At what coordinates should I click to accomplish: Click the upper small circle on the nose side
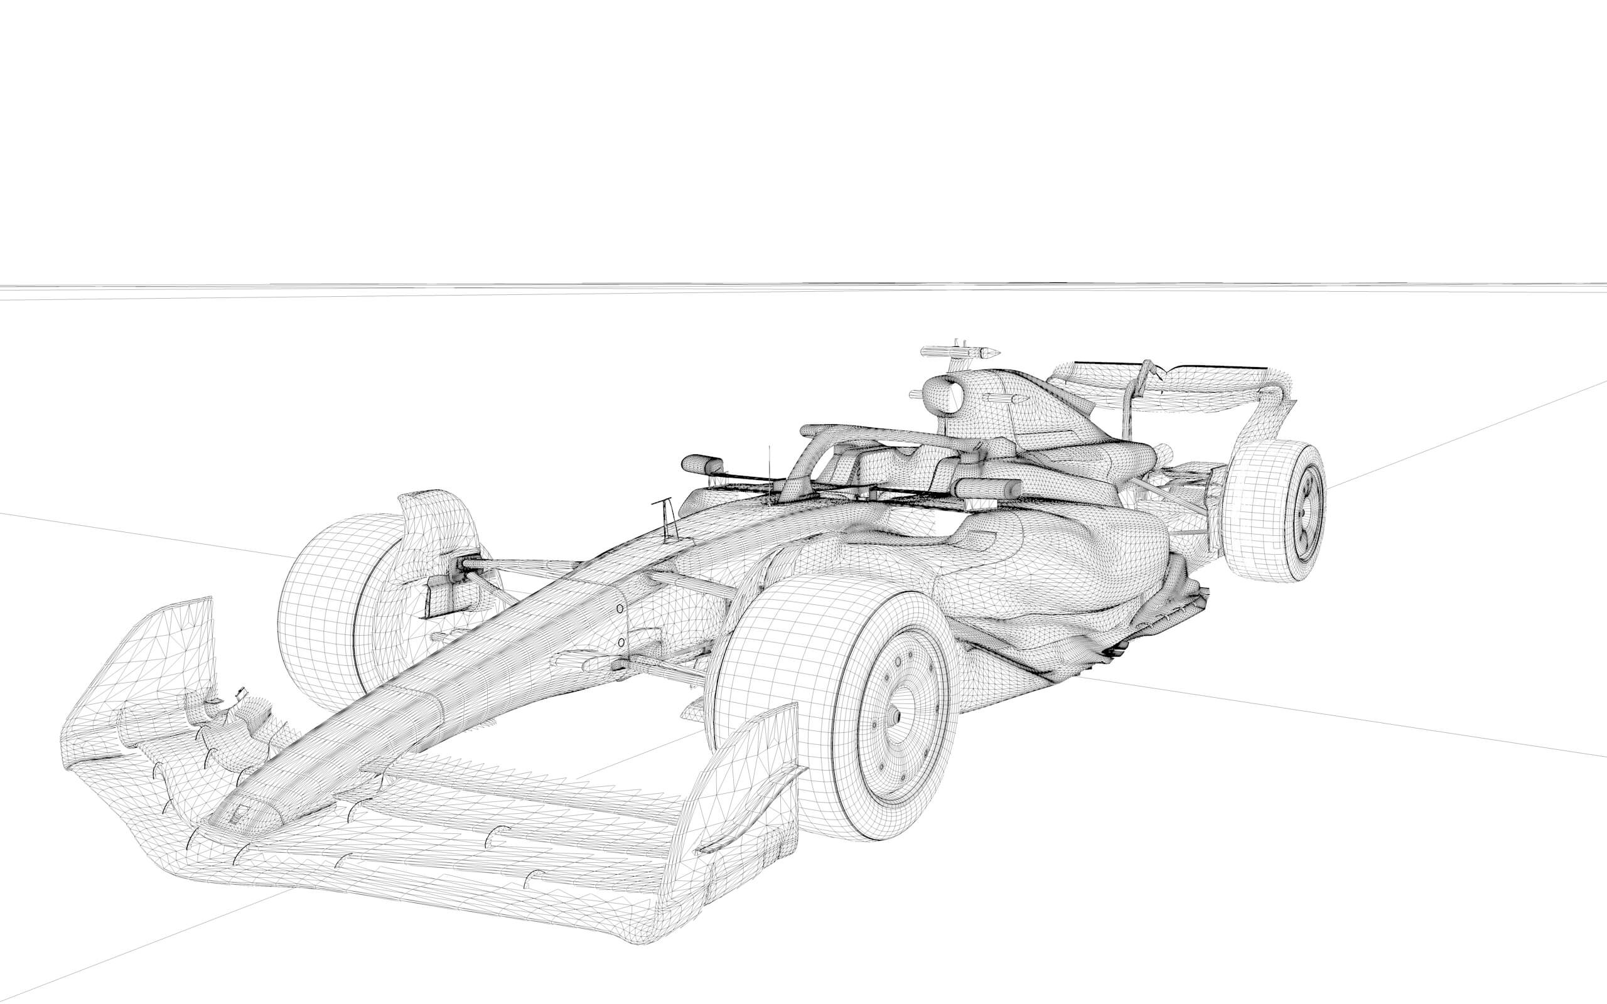(x=620, y=608)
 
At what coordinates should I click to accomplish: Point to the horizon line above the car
(x=797, y=287)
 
